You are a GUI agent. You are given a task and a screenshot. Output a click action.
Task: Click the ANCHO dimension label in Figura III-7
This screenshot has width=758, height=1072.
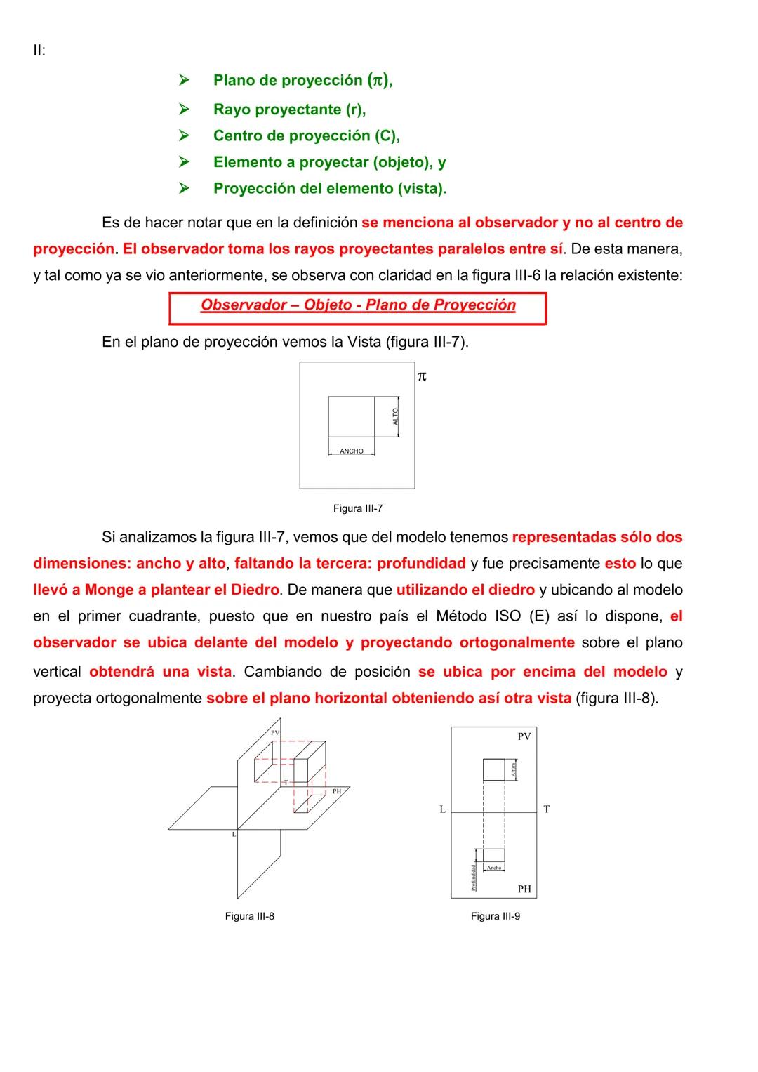pyautogui.click(x=352, y=451)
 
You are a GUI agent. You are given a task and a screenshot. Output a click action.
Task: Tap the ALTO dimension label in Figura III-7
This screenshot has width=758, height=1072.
pyautogui.click(x=396, y=416)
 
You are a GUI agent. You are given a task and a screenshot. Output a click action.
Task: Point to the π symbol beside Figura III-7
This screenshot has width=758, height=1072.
pyautogui.click(x=422, y=377)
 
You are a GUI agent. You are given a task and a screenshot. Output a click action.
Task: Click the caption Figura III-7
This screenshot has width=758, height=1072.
pyautogui.click(x=357, y=508)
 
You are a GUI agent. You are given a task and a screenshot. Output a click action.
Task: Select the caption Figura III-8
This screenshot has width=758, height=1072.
pyautogui.click(x=249, y=916)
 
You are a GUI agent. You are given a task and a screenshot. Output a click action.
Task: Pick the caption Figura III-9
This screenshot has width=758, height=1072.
pyautogui.click(x=495, y=916)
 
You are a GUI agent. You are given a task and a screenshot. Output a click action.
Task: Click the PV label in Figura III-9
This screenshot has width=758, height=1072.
pyautogui.click(x=524, y=736)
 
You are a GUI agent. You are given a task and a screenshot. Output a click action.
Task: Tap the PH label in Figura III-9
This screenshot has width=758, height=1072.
pyautogui.click(x=524, y=889)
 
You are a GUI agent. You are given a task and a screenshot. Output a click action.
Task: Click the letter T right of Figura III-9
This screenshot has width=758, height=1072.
pyautogui.click(x=547, y=809)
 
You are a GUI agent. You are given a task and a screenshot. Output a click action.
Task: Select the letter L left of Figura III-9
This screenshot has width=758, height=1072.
pyautogui.click(x=442, y=809)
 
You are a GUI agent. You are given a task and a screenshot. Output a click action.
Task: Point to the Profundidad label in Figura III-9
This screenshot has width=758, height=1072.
pyautogui.click(x=474, y=878)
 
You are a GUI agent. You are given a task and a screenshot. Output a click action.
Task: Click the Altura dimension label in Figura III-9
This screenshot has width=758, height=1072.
pyautogui.click(x=514, y=769)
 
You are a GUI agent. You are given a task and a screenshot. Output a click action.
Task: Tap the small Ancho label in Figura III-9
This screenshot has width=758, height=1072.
pyautogui.click(x=494, y=868)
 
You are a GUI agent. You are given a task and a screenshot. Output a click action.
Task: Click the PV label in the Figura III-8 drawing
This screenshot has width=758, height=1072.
pyautogui.click(x=275, y=733)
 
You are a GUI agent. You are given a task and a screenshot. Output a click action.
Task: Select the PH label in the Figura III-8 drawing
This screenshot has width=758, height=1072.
pyautogui.click(x=337, y=791)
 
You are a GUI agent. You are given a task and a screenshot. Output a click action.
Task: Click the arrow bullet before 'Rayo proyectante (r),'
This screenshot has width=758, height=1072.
pyautogui.click(x=184, y=110)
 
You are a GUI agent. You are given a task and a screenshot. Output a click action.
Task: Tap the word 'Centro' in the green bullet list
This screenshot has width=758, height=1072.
pyautogui.click(x=237, y=135)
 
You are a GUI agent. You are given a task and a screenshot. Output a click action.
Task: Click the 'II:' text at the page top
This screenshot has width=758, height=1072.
pyautogui.click(x=39, y=51)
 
